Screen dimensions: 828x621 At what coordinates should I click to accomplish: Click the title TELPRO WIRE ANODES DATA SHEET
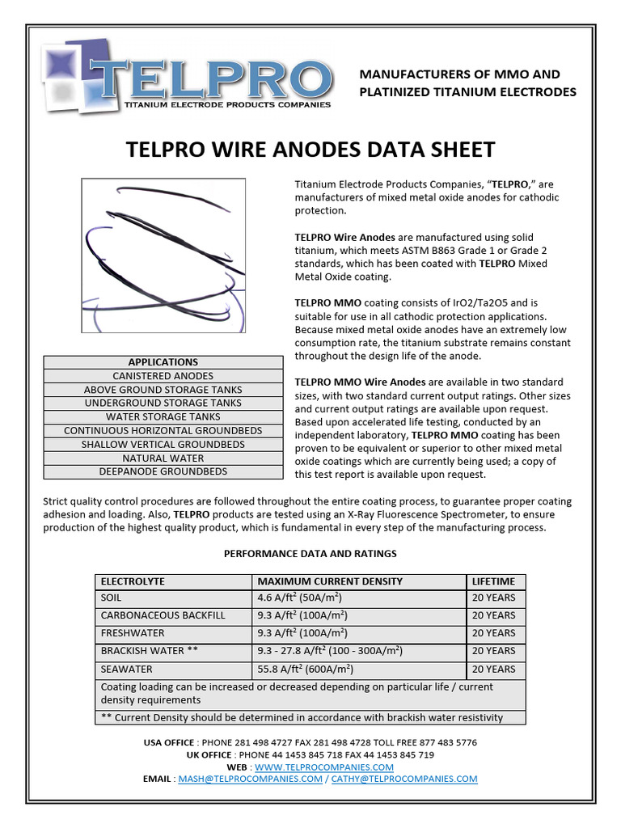[x=310, y=150]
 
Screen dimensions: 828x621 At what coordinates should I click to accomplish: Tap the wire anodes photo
[x=163, y=256]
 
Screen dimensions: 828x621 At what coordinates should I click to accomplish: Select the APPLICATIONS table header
[x=163, y=362]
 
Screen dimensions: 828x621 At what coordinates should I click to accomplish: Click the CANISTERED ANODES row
[x=163, y=376]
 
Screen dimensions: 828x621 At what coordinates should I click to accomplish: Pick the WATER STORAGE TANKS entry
[x=163, y=417]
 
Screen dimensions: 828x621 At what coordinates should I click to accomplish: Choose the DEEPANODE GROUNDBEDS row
[x=163, y=471]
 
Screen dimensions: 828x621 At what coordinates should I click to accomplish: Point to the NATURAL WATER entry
[x=163, y=458]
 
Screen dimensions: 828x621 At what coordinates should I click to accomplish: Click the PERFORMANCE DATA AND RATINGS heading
[x=310, y=554]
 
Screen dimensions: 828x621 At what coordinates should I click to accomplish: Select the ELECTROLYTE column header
[x=131, y=581]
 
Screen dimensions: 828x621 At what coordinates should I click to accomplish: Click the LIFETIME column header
[x=493, y=581]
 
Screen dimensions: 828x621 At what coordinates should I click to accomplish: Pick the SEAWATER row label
[x=126, y=670]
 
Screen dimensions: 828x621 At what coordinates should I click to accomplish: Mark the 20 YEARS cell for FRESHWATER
[x=493, y=633]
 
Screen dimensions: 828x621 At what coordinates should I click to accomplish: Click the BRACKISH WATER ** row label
[x=149, y=651]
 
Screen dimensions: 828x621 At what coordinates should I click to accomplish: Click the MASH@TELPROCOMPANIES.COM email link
[x=250, y=779]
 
